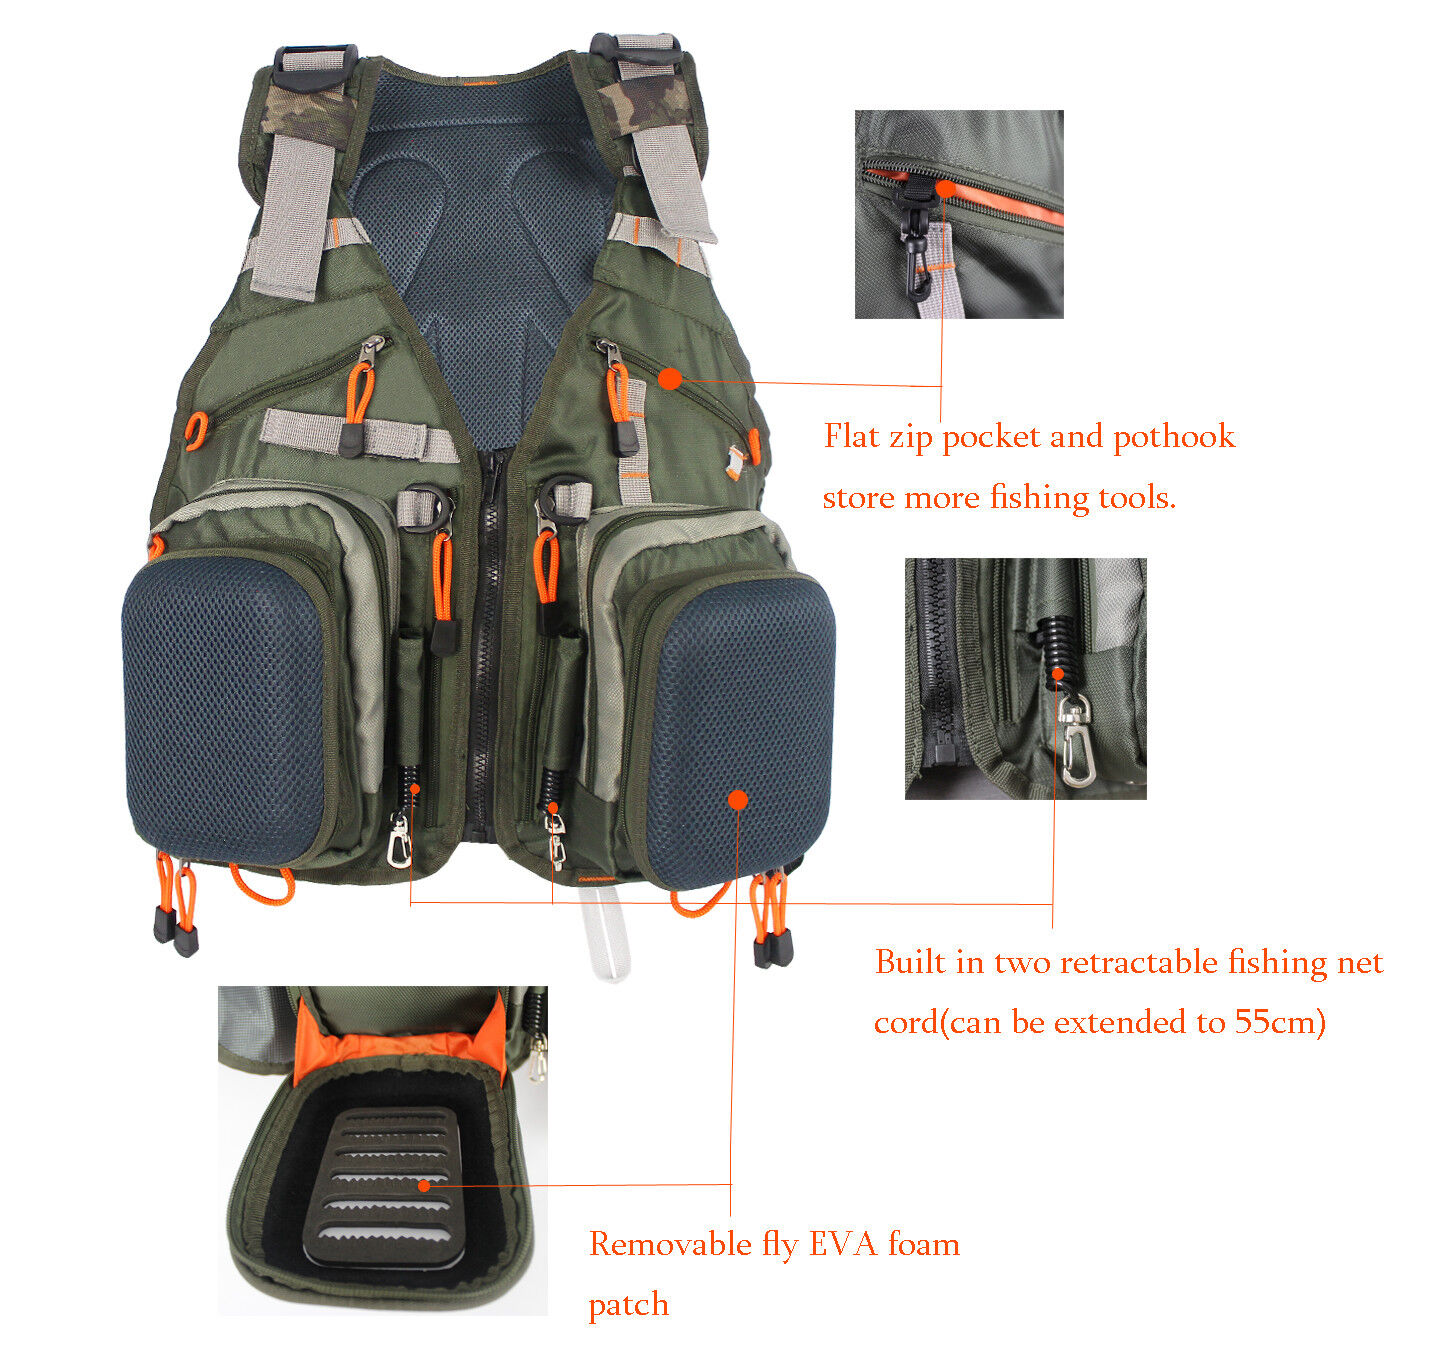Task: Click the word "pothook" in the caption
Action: click(1173, 438)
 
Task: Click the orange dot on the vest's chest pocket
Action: click(669, 378)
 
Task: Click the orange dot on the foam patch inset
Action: click(424, 1185)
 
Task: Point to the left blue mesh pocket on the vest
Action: click(225, 710)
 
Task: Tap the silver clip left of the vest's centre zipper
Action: click(400, 840)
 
